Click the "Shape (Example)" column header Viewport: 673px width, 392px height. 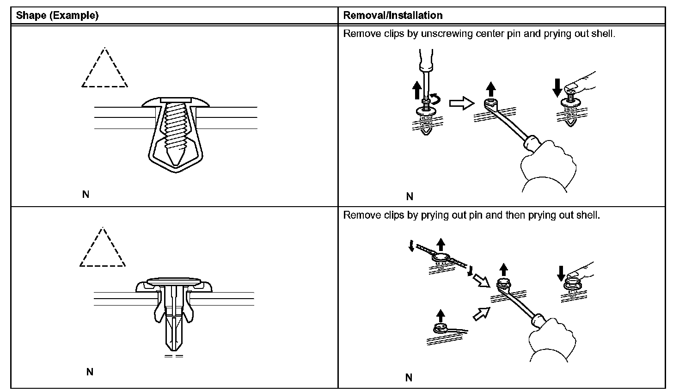(x=57, y=15)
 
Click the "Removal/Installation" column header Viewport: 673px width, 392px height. (x=393, y=15)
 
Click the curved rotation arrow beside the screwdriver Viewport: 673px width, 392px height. (x=437, y=98)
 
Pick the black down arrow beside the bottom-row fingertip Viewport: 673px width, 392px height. (x=561, y=272)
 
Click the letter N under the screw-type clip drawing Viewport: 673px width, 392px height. (x=86, y=195)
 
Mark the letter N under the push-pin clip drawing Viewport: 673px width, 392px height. (x=90, y=372)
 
